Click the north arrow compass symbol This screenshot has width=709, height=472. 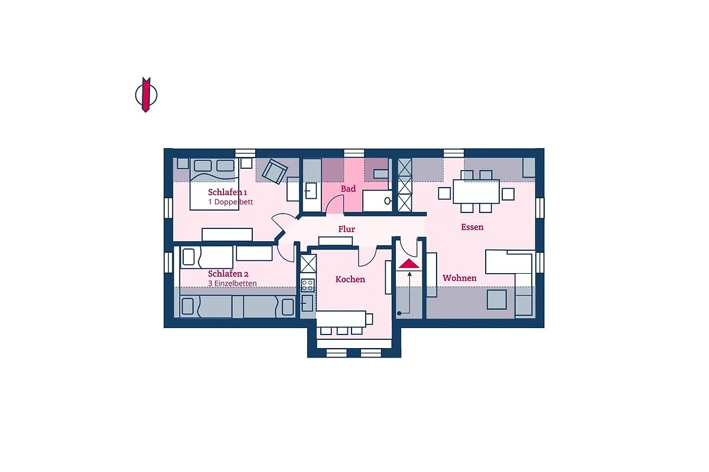click(x=146, y=94)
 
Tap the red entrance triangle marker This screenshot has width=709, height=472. click(x=409, y=263)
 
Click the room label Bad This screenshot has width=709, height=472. click(x=348, y=189)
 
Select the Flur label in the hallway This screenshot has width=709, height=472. click(x=347, y=229)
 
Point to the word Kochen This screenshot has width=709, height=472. click(x=350, y=279)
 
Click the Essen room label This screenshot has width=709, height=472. click(x=472, y=227)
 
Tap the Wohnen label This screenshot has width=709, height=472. click(x=460, y=278)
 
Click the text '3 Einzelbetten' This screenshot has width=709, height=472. click(x=232, y=283)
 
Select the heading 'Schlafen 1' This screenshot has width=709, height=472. click(x=227, y=192)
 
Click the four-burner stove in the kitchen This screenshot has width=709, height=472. click(x=308, y=285)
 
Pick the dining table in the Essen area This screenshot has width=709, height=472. click(x=476, y=192)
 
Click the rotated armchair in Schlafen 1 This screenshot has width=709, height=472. click(x=275, y=171)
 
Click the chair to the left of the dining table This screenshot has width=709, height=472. click(x=444, y=193)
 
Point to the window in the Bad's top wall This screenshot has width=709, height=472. click(x=354, y=153)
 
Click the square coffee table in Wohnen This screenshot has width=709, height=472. click(x=497, y=299)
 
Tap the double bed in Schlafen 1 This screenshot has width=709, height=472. click(x=214, y=184)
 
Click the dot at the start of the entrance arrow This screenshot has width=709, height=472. click(x=399, y=313)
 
